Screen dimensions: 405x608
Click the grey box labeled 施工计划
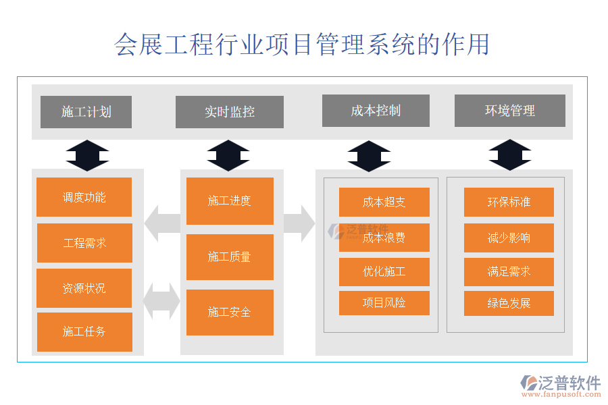click(86, 112)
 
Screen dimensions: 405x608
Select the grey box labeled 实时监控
click(230, 112)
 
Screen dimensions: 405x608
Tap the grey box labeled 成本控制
click(376, 111)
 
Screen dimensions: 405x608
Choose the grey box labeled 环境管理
click(510, 111)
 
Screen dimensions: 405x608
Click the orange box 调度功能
click(84, 197)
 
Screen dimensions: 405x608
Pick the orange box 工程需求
click(84, 243)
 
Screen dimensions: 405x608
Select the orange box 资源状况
click(84, 288)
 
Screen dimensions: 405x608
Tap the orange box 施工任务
click(84, 331)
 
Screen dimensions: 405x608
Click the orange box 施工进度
click(230, 200)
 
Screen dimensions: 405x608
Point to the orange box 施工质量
click(230, 256)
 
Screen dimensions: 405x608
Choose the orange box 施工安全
click(230, 312)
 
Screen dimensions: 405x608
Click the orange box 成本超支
click(384, 202)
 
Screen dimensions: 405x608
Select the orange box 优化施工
click(384, 272)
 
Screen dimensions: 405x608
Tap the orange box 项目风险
click(384, 303)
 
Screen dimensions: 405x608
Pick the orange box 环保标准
click(509, 202)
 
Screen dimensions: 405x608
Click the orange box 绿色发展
click(509, 303)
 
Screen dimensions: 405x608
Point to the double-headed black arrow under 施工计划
click(87, 155)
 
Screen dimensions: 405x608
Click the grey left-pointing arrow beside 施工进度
click(162, 223)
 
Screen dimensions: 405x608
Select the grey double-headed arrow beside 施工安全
click(162, 300)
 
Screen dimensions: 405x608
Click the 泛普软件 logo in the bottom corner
click(560, 387)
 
